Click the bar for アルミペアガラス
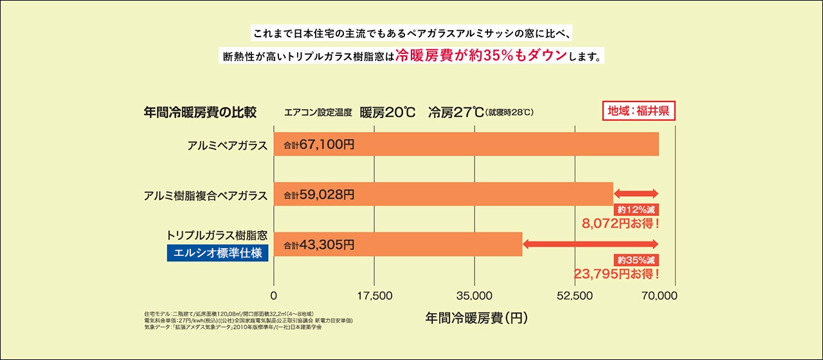[x=466, y=144]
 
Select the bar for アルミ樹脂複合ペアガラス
[x=444, y=194]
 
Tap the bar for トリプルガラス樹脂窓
[x=398, y=244]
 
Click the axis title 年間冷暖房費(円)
[x=475, y=318]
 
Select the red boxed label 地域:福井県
[x=638, y=111]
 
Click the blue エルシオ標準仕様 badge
[x=217, y=253]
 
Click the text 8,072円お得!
[x=621, y=224]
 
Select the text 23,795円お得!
[x=617, y=274]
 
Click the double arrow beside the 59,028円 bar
[x=637, y=194]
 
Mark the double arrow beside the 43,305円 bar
[x=591, y=244]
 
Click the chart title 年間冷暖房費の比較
[x=200, y=113]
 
